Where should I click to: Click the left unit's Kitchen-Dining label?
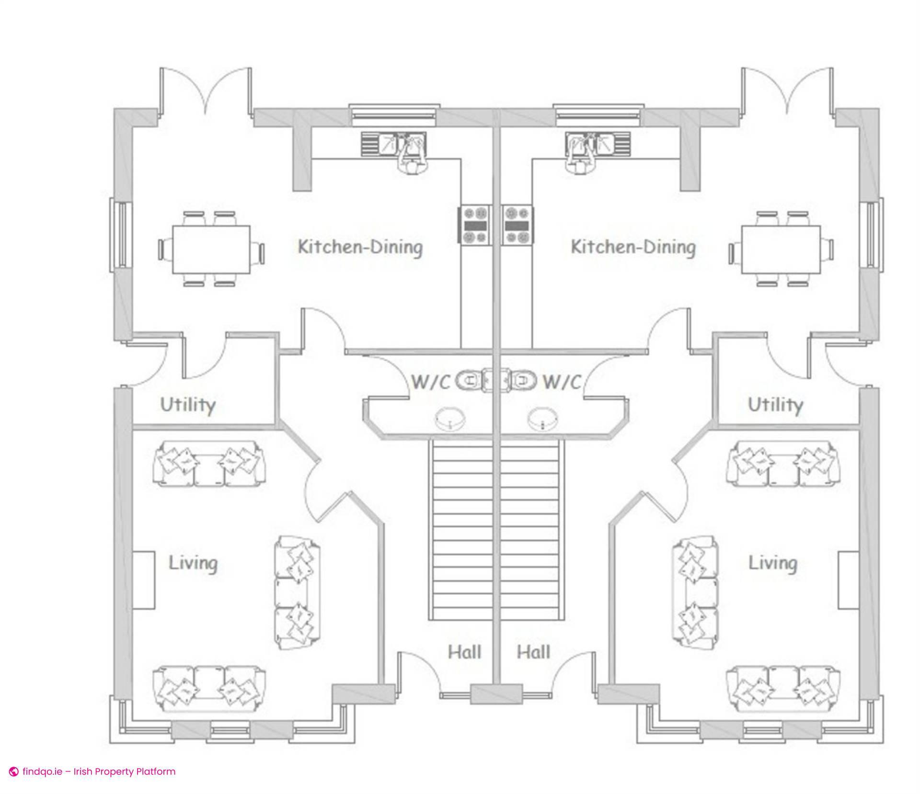[x=360, y=247]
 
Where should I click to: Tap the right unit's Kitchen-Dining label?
[x=633, y=247]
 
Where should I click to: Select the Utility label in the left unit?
[x=188, y=405]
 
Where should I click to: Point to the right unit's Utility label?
[x=775, y=405]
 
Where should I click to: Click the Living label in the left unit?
[x=193, y=563]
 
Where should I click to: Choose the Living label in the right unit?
[x=773, y=563]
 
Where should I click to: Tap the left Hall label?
[x=464, y=652]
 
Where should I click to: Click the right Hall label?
[x=533, y=652]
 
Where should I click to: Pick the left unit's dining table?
[x=211, y=250]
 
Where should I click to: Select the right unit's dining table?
[x=781, y=250]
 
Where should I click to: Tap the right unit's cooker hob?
[x=517, y=225]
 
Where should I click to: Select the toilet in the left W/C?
[x=472, y=381]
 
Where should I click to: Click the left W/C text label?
[x=431, y=382]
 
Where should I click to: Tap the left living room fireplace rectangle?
[x=144, y=580]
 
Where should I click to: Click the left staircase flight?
[x=460, y=530]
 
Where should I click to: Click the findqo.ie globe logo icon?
[x=14, y=771]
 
